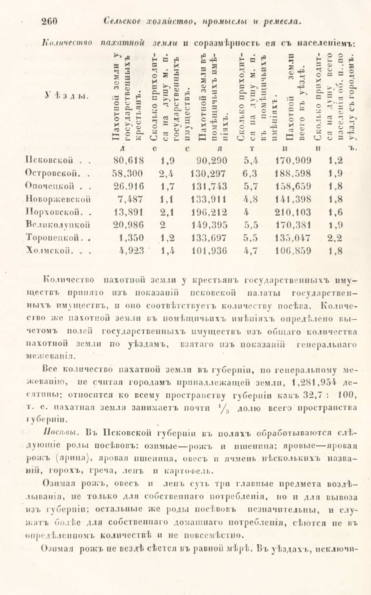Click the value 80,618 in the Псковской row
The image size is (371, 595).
pos(128,160)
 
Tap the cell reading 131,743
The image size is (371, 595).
pos(209,186)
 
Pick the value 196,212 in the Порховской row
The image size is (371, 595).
pos(209,212)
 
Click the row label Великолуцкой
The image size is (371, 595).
pos(58,225)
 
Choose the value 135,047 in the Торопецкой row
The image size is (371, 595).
pos(293,238)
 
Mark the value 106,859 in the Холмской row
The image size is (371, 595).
pos(293,251)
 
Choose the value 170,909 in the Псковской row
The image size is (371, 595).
pos(293,160)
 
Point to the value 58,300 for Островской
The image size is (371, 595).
pos(128,174)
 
